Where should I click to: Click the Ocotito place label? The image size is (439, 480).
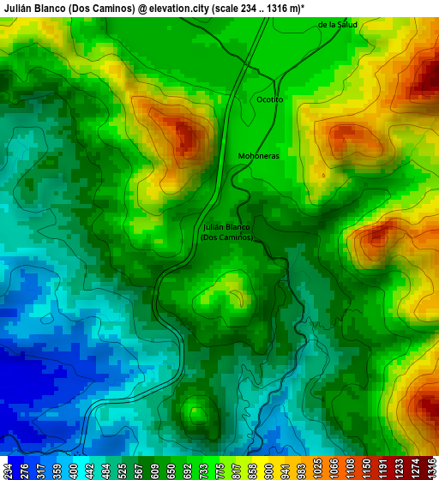(269, 99)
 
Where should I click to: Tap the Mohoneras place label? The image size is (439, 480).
(259, 157)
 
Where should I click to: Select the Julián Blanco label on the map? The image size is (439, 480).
(226, 226)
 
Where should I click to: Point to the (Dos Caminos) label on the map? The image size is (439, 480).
(226, 237)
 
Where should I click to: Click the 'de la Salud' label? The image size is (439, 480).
(337, 25)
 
